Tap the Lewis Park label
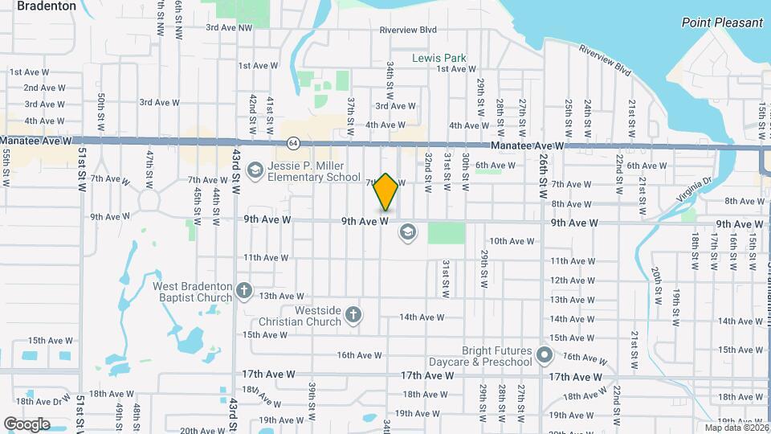click(x=439, y=59)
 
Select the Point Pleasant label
click(x=722, y=23)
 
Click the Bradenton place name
click(x=47, y=6)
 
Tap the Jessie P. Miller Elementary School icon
click(x=255, y=170)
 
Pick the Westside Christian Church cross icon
click(x=353, y=314)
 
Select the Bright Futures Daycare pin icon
click(x=545, y=354)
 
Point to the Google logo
click(x=27, y=424)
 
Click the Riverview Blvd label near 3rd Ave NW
click(x=409, y=31)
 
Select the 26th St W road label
click(x=543, y=172)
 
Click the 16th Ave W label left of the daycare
click(x=357, y=354)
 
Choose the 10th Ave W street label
click(x=512, y=241)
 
